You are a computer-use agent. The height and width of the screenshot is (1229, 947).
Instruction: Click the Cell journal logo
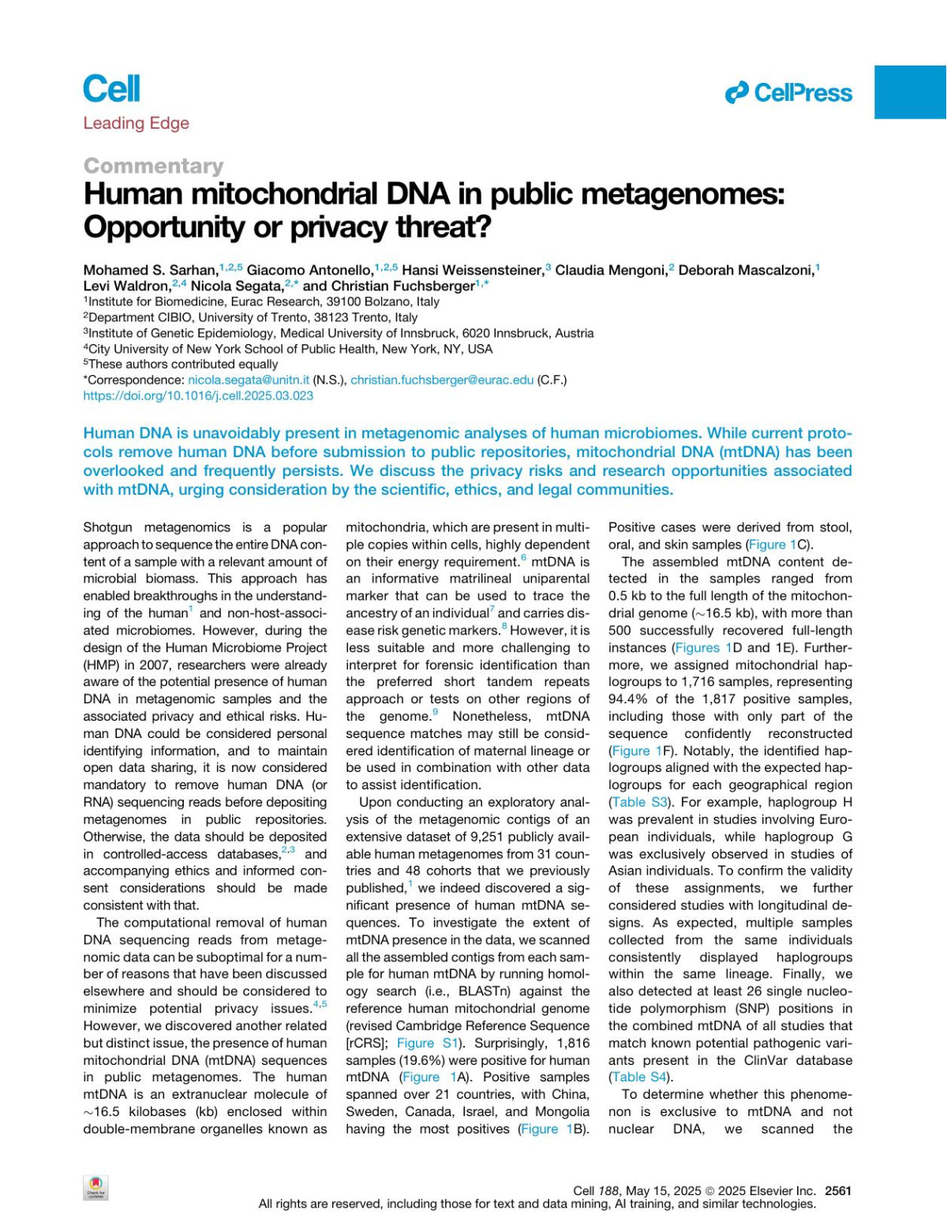[x=111, y=88]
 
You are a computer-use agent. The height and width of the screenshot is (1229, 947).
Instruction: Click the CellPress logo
[x=788, y=93]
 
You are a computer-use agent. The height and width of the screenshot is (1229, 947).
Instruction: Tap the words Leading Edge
[x=136, y=123]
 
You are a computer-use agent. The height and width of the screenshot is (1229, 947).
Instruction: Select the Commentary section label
[x=153, y=166]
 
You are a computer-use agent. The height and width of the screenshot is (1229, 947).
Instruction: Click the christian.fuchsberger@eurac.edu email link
[x=442, y=380]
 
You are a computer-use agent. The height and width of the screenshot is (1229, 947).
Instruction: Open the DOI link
[x=198, y=395]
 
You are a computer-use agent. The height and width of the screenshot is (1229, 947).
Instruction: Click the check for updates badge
[x=96, y=1188]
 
